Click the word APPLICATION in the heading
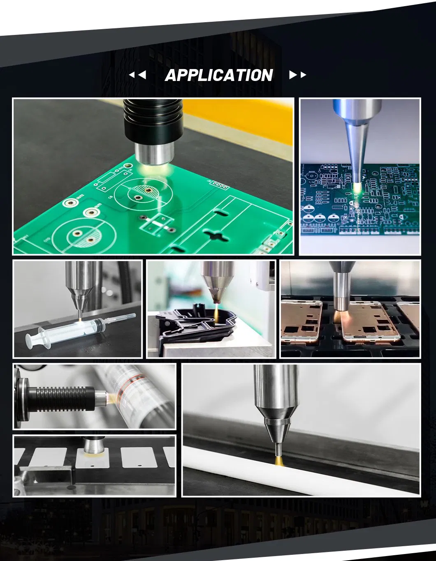pos(218,75)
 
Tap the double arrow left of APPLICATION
pos(137,75)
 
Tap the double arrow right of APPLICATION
pos(297,75)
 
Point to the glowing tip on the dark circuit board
pos(357,187)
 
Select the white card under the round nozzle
pos(93,458)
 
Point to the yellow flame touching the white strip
pos(278,460)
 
